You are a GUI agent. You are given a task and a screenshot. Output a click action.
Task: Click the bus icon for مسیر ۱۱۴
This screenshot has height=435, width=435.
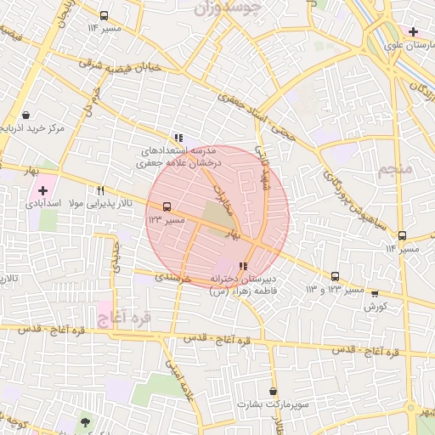pyautogui.click(x=402, y=235)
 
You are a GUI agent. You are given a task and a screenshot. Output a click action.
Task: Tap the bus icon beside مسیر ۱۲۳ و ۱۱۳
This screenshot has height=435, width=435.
pyautogui.click(x=335, y=276)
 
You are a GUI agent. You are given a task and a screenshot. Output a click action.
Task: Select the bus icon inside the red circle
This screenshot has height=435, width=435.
pyautogui.click(x=166, y=206)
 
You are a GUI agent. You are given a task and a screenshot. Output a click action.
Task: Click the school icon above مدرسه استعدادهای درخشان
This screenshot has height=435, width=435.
pyautogui.click(x=178, y=137)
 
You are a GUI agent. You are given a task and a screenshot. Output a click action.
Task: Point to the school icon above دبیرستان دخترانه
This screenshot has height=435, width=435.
pyautogui.click(x=245, y=266)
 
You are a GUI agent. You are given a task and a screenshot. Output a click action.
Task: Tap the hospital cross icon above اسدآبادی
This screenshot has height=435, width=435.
pyautogui.click(x=43, y=190)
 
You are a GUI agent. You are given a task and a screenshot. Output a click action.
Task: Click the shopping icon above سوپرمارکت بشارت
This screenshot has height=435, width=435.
pyautogui.click(x=273, y=392)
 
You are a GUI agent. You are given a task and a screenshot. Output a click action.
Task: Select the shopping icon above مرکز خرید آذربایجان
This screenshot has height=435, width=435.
pyautogui.click(x=26, y=115)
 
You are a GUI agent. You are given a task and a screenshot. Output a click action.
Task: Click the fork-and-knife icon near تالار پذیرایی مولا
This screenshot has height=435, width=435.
pyautogui.click(x=101, y=190)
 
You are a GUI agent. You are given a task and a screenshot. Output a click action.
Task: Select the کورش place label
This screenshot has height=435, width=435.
pyautogui.click(x=376, y=305)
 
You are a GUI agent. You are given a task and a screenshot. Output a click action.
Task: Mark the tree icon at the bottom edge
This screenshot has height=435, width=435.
pyautogui.click(x=84, y=421)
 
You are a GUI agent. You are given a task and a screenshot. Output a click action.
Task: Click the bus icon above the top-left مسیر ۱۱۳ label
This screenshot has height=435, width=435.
pyautogui.click(x=104, y=15)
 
